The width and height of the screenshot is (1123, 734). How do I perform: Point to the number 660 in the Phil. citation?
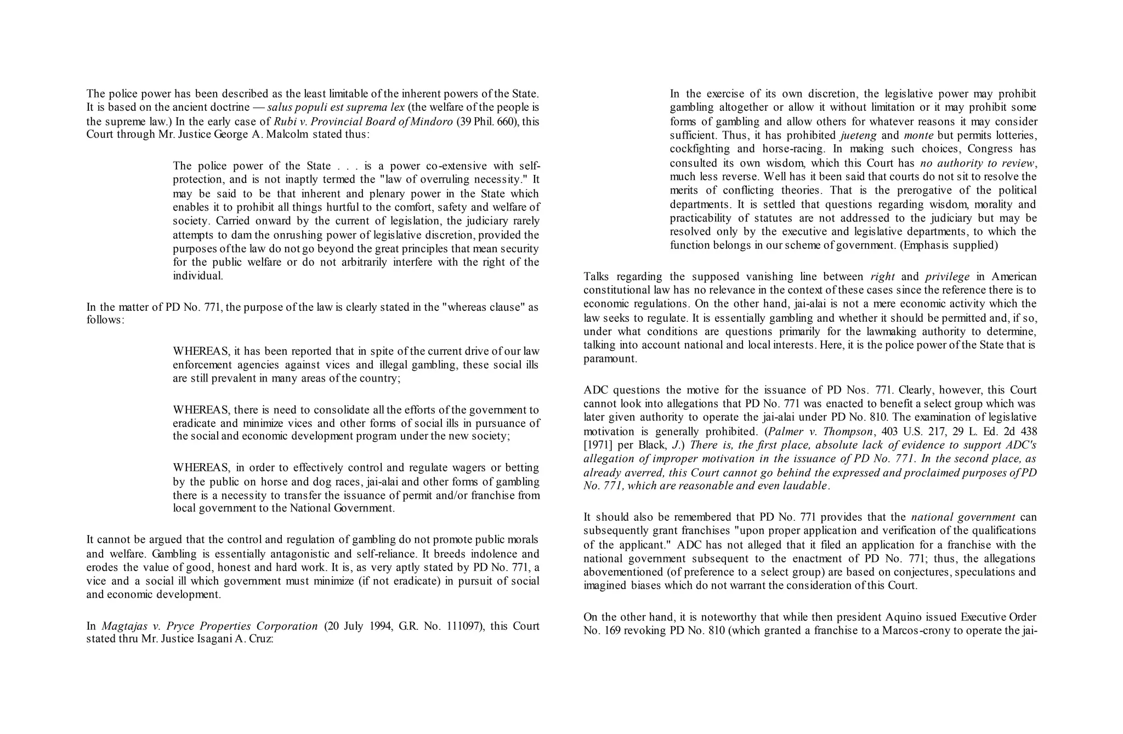click(506, 122)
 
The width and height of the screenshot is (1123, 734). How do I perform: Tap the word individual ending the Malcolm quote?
click(198, 276)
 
